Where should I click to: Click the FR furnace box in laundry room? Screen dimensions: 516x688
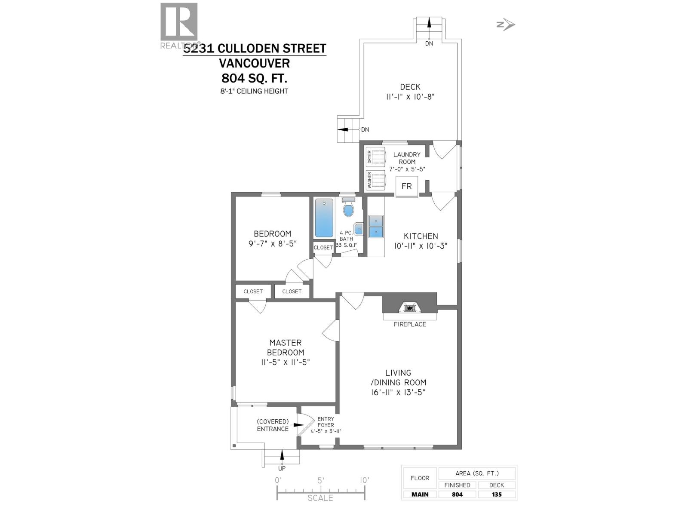(x=406, y=186)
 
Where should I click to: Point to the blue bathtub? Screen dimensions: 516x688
(x=324, y=218)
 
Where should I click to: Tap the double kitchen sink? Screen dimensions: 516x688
(x=376, y=227)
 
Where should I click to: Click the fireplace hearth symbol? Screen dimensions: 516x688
(x=410, y=308)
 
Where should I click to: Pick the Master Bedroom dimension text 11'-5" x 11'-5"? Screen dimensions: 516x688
(x=286, y=362)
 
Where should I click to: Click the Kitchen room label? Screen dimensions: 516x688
(x=421, y=236)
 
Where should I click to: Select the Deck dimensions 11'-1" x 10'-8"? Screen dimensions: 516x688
(x=410, y=97)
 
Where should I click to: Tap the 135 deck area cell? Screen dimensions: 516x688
(x=497, y=494)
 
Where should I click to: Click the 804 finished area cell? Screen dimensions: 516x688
(x=457, y=494)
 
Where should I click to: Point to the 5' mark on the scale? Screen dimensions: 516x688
(x=320, y=480)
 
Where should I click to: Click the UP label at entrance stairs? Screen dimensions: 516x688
(x=282, y=469)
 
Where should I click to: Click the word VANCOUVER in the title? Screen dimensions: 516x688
(x=254, y=63)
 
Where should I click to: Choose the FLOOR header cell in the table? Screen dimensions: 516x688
(x=420, y=478)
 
